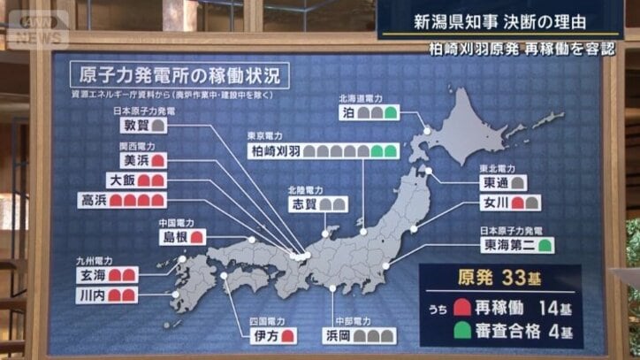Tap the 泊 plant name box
[x=348, y=113]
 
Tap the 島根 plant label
[x=172, y=236]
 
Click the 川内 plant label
[x=93, y=294]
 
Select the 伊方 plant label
[x=267, y=336]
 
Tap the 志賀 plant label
[x=302, y=203]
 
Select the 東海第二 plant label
[x=507, y=244]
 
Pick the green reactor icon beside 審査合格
[x=460, y=333]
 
